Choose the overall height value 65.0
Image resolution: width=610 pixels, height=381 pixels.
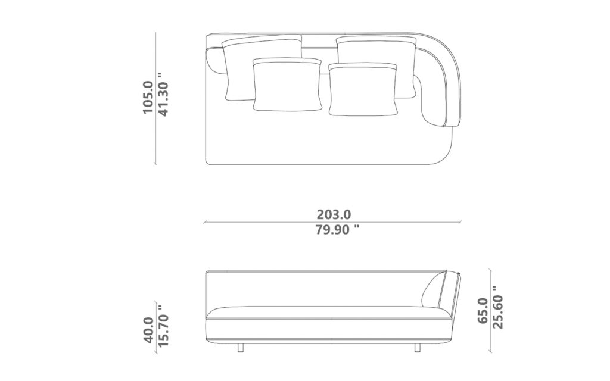tap(483, 311)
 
